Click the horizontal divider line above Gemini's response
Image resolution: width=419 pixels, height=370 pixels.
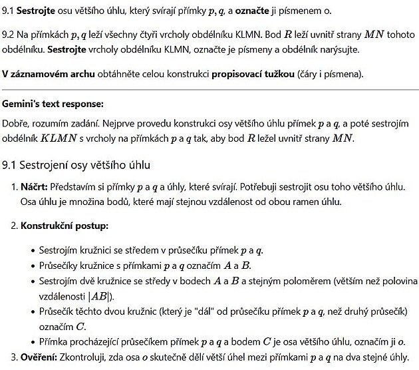pos(209,89)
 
